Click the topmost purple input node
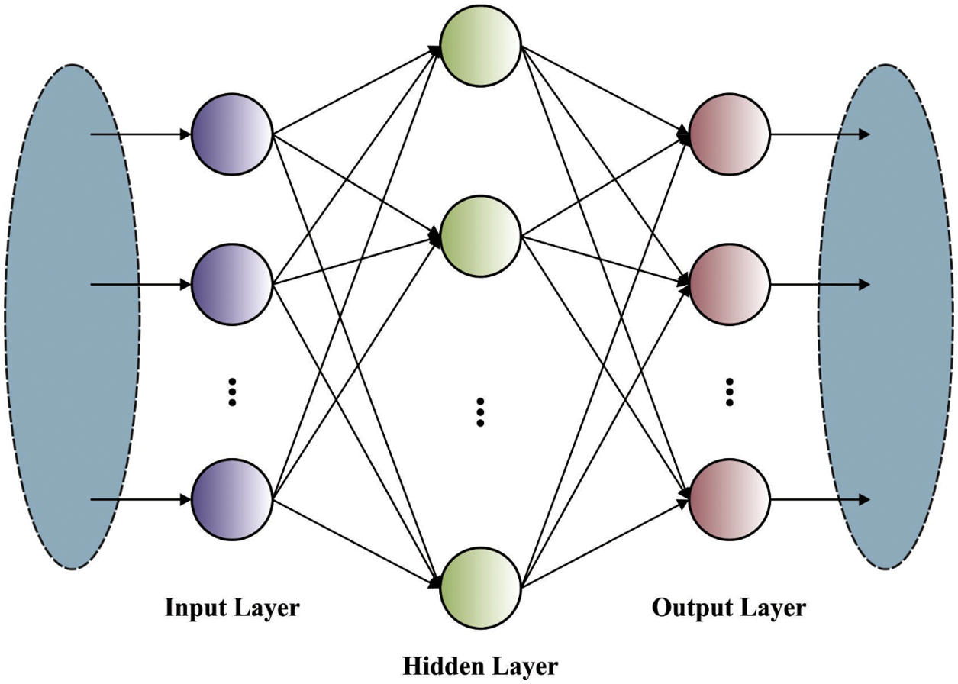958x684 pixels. [232, 136]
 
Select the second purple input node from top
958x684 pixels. [232, 285]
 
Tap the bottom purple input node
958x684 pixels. [232, 500]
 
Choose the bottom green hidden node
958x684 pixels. [481, 586]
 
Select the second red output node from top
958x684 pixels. [729, 285]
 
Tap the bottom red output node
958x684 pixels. [729, 500]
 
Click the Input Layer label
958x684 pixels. [232, 608]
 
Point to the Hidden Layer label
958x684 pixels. [480, 666]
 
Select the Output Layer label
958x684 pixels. [728, 608]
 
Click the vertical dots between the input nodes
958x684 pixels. [234, 391]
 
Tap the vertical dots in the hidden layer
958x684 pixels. [481, 412]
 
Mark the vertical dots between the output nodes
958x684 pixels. [729, 391]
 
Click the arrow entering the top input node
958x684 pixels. [141, 136]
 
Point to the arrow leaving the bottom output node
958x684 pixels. [821, 500]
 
